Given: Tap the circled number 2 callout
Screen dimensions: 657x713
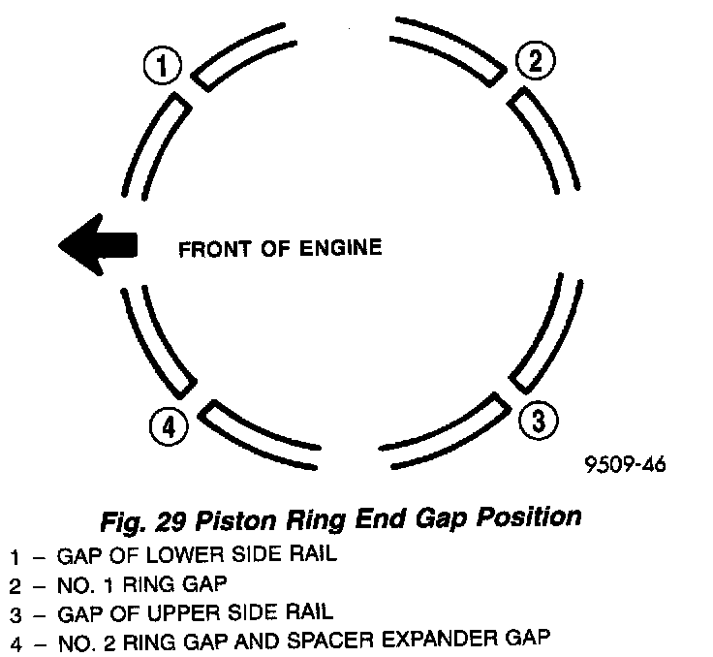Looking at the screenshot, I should tap(535, 62).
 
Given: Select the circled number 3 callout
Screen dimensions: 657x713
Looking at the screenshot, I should tap(539, 421).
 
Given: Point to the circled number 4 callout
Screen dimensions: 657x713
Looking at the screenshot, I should tap(169, 425).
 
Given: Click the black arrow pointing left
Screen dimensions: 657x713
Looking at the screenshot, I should tap(98, 243).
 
